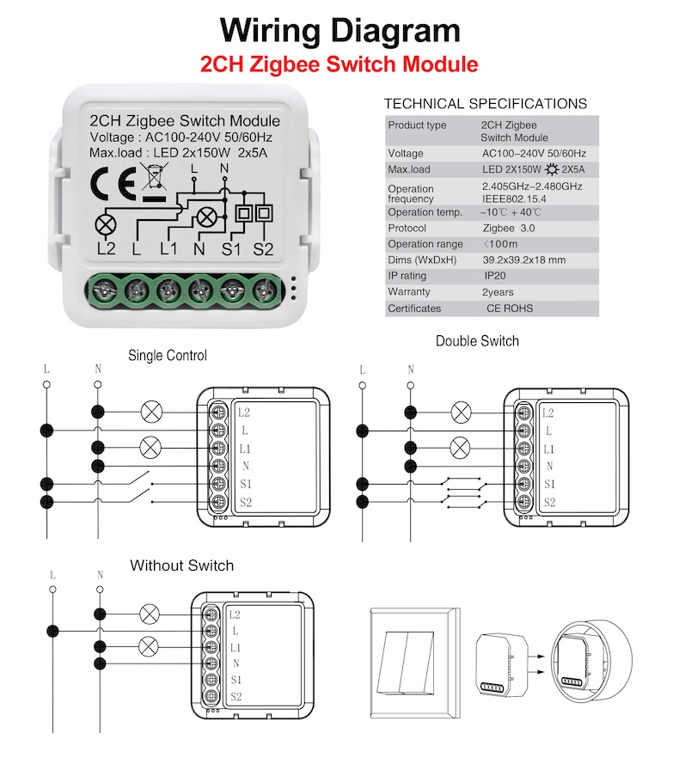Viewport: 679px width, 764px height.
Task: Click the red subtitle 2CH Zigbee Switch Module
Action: click(x=339, y=64)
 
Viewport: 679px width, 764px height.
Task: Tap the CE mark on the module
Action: click(x=113, y=180)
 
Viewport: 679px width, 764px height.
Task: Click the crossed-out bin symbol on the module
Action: click(x=154, y=177)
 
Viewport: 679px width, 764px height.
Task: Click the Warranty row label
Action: click(x=408, y=292)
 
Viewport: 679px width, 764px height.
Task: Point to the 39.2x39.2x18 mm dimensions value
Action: click(x=523, y=260)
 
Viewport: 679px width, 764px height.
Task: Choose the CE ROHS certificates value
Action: click(x=509, y=309)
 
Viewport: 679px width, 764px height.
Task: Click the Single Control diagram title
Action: click(x=168, y=355)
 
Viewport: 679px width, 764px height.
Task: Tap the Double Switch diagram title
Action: click(x=477, y=341)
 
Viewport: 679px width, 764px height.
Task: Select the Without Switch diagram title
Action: click(x=181, y=565)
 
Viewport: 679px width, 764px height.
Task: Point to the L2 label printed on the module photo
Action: click(x=107, y=249)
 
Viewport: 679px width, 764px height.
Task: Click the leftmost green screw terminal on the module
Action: click(x=105, y=290)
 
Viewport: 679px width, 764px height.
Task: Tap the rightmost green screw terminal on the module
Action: click(x=264, y=290)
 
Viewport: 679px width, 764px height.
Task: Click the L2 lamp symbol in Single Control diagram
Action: click(x=151, y=412)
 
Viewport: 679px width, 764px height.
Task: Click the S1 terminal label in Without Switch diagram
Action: click(x=236, y=680)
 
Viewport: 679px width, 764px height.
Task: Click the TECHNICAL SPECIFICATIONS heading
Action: click(x=486, y=104)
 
